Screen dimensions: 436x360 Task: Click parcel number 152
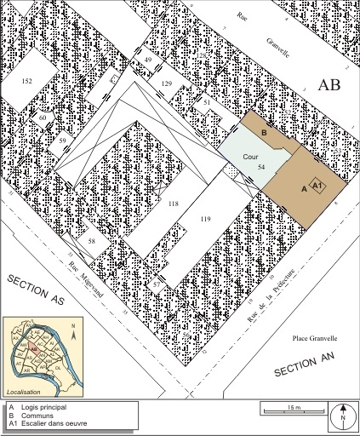[x=26, y=81]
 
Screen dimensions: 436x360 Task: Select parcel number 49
[x=148, y=60]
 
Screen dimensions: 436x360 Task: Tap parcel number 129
[x=167, y=83]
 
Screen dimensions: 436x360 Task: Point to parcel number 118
[x=173, y=204]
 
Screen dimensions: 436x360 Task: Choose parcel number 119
[x=204, y=220]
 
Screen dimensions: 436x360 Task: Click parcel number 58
[x=92, y=242]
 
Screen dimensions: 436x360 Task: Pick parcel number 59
[x=62, y=139]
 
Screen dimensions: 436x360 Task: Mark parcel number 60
[x=43, y=118]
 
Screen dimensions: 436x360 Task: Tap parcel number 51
[x=207, y=101]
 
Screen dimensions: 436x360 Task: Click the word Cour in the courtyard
[x=250, y=158]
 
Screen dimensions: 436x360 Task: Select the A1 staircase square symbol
[x=317, y=185]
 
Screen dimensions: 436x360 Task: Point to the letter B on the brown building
[x=264, y=134]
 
